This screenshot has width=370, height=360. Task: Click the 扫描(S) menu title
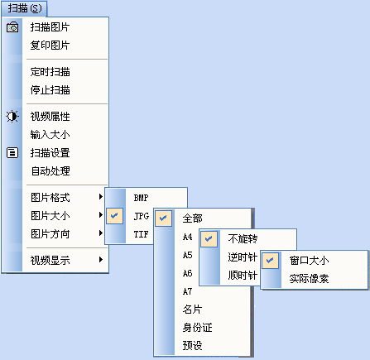(x=25, y=8)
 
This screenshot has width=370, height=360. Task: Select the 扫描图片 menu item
(x=50, y=27)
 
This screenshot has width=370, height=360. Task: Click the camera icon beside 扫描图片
(x=12, y=27)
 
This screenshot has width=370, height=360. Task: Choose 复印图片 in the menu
(x=50, y=46)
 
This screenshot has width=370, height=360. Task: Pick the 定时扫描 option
(x=50, y=72)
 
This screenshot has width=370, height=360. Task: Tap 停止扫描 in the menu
(x=50, y=90)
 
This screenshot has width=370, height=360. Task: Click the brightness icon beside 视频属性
(x=12, y=117)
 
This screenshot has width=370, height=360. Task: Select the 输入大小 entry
(x=50, y=135)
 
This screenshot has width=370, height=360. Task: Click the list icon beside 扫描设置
(x=12, y=152)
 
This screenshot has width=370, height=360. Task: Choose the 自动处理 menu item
(x=50, y=171)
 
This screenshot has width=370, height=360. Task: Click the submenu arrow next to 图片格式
(x=101, y=197)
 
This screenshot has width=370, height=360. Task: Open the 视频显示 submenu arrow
(x=101, y=260)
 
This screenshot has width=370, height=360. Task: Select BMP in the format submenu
(x=141, y=198)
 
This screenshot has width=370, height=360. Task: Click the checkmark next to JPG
(x=114, y=215)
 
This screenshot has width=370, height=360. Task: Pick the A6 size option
(x=187, y=273)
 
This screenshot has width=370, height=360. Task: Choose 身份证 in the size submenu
(x=197, y=328)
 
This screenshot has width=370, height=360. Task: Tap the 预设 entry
(x=192, y=345)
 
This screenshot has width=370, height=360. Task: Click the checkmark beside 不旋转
(x=209, y=238)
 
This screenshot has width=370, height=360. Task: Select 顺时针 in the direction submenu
(x=243, y=275)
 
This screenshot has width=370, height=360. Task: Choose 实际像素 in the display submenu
(x=309, y=279)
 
